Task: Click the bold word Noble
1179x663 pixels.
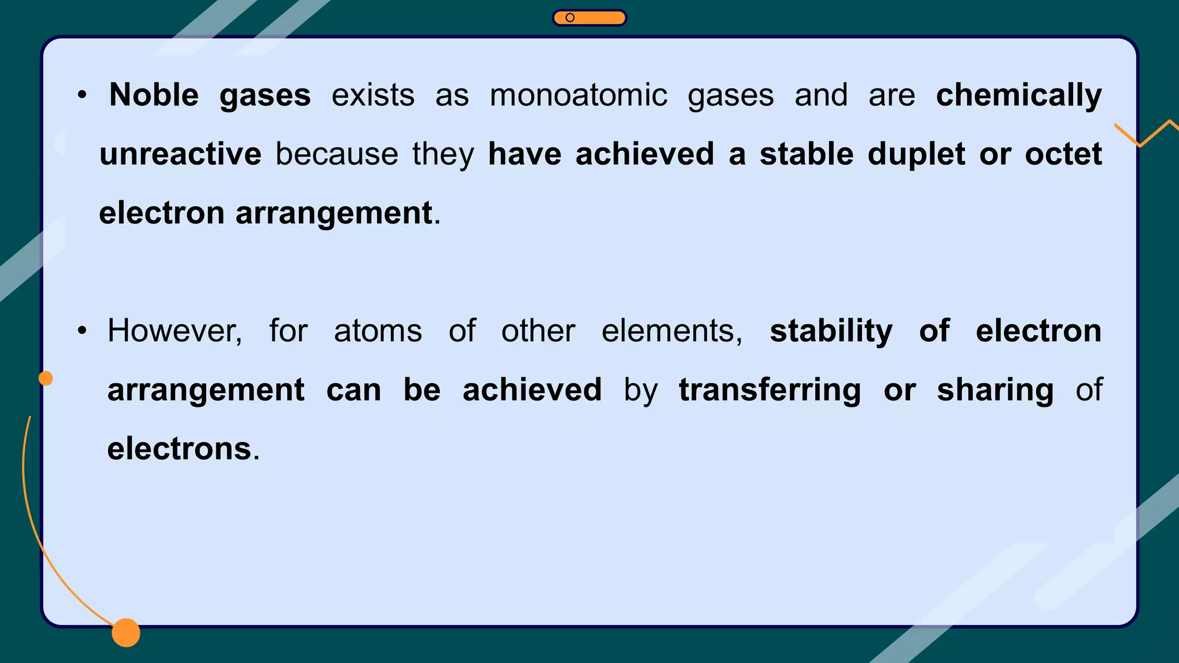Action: [x=154, y=95]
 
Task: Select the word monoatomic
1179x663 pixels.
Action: [x=578, y=95]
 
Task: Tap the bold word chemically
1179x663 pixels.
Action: [x=1018, y=96]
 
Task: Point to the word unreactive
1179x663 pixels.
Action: [x=180, y=154]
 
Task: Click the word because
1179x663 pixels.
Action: [x=336, y=154]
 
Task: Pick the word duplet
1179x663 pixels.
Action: [x=916, y=154]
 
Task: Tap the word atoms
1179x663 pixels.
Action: [x=378, y=331]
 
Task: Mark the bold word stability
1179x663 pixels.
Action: [x=831, y=331]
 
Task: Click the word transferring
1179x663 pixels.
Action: [x=770, y=391]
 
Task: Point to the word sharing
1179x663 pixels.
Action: [x=995, y=391]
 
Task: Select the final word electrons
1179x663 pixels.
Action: [x=180, y=449]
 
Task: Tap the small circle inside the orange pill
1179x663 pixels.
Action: [x=570, y=18]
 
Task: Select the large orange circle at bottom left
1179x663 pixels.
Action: [x=126, y=632]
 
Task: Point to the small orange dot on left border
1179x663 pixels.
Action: [x=45, y=378]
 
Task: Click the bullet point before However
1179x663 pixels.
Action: [x=82, y=331]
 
